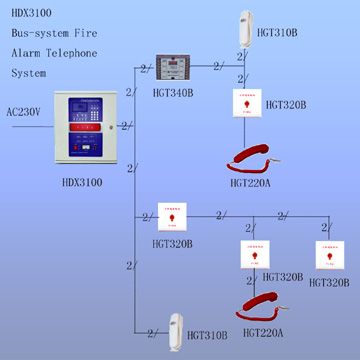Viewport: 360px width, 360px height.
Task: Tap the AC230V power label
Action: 23,112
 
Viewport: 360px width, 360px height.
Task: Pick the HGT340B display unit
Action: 176,68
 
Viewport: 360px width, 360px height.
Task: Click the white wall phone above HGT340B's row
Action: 247,29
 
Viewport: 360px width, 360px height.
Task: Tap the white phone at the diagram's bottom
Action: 178,327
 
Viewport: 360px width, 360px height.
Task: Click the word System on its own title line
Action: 29,73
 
